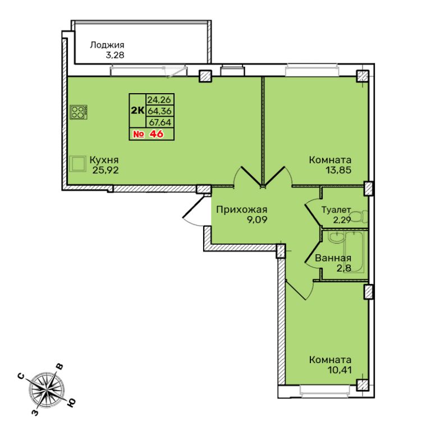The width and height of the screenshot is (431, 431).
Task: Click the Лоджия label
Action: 107,45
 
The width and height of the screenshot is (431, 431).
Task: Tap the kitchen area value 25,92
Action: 106,171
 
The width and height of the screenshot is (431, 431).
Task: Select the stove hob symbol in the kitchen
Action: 79,112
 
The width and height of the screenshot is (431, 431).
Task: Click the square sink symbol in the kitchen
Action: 77,164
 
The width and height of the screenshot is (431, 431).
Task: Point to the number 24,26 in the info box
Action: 159,99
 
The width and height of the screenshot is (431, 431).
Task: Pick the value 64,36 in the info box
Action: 159,111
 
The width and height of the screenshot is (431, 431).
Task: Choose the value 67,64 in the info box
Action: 160,122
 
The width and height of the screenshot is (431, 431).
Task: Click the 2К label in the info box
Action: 137,111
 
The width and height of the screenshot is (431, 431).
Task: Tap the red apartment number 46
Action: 156,134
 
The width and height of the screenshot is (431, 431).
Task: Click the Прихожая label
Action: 242,210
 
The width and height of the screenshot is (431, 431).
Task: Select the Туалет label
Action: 336,210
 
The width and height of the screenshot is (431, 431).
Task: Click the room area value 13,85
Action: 338,170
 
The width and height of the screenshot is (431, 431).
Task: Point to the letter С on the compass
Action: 21,377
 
